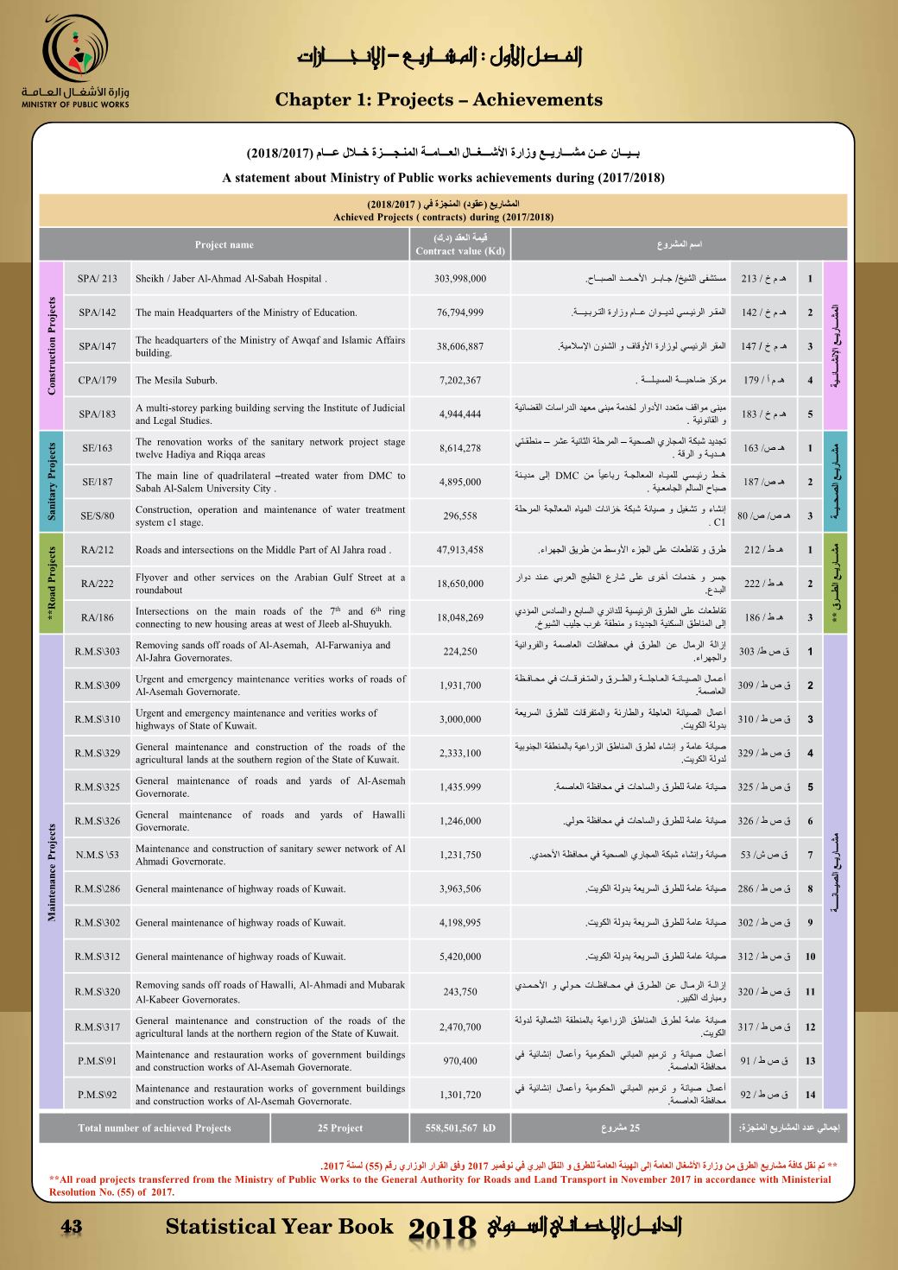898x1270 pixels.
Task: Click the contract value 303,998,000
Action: (x=459, y=279)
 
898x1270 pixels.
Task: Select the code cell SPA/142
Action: (x=97, y=313)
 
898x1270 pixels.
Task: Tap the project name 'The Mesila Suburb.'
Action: (x=176, y=380)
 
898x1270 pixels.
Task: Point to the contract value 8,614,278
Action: (x=459, y=448)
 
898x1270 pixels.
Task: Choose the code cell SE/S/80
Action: (x=97, y=516)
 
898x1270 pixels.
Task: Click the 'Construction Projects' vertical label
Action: (x=52, y=346)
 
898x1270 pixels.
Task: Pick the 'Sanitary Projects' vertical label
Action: (x=52, y=482)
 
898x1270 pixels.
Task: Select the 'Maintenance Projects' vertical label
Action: (x=52, y=872)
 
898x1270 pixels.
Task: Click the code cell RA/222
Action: (x=97, y=584)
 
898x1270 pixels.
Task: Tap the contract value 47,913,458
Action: (x=459, y=550)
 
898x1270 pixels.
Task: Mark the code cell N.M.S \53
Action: (x=97, y=855)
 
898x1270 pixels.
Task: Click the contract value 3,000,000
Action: (x=459, y=719)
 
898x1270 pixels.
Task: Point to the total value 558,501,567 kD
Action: (x=459, y=1128)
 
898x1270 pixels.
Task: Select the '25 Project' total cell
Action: (x=339, y=1128)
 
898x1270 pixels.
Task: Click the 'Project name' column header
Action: (x=224, y=244)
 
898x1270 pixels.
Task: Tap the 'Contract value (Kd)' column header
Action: (x=459, y=244)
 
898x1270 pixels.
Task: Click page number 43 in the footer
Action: (x=70, y=1227)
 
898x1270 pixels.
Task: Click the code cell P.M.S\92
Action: (x=97, y=1095)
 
